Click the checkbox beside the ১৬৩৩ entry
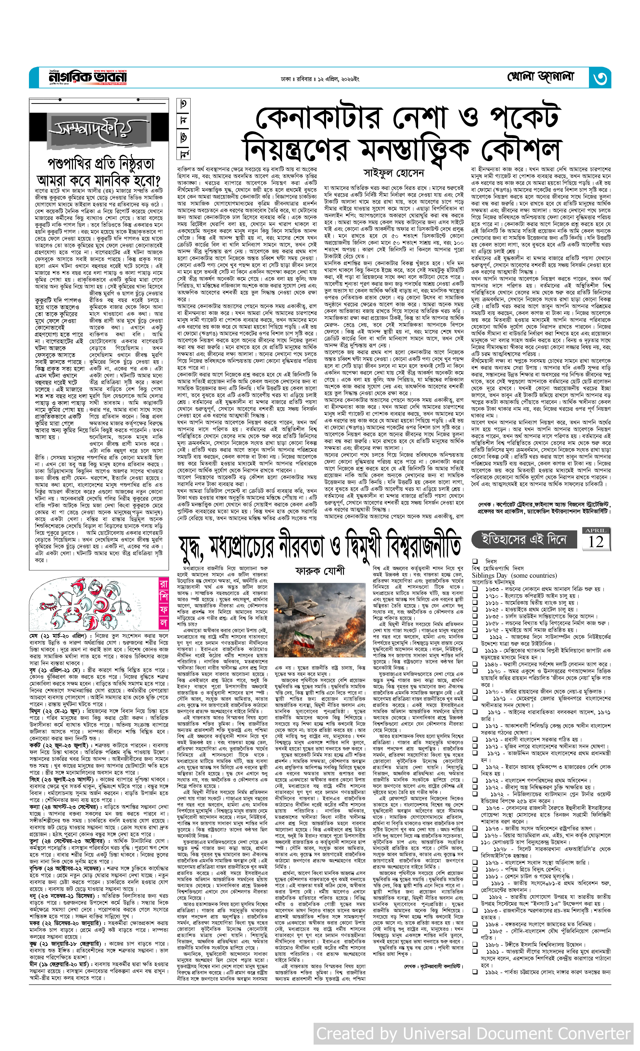point(475,589)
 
